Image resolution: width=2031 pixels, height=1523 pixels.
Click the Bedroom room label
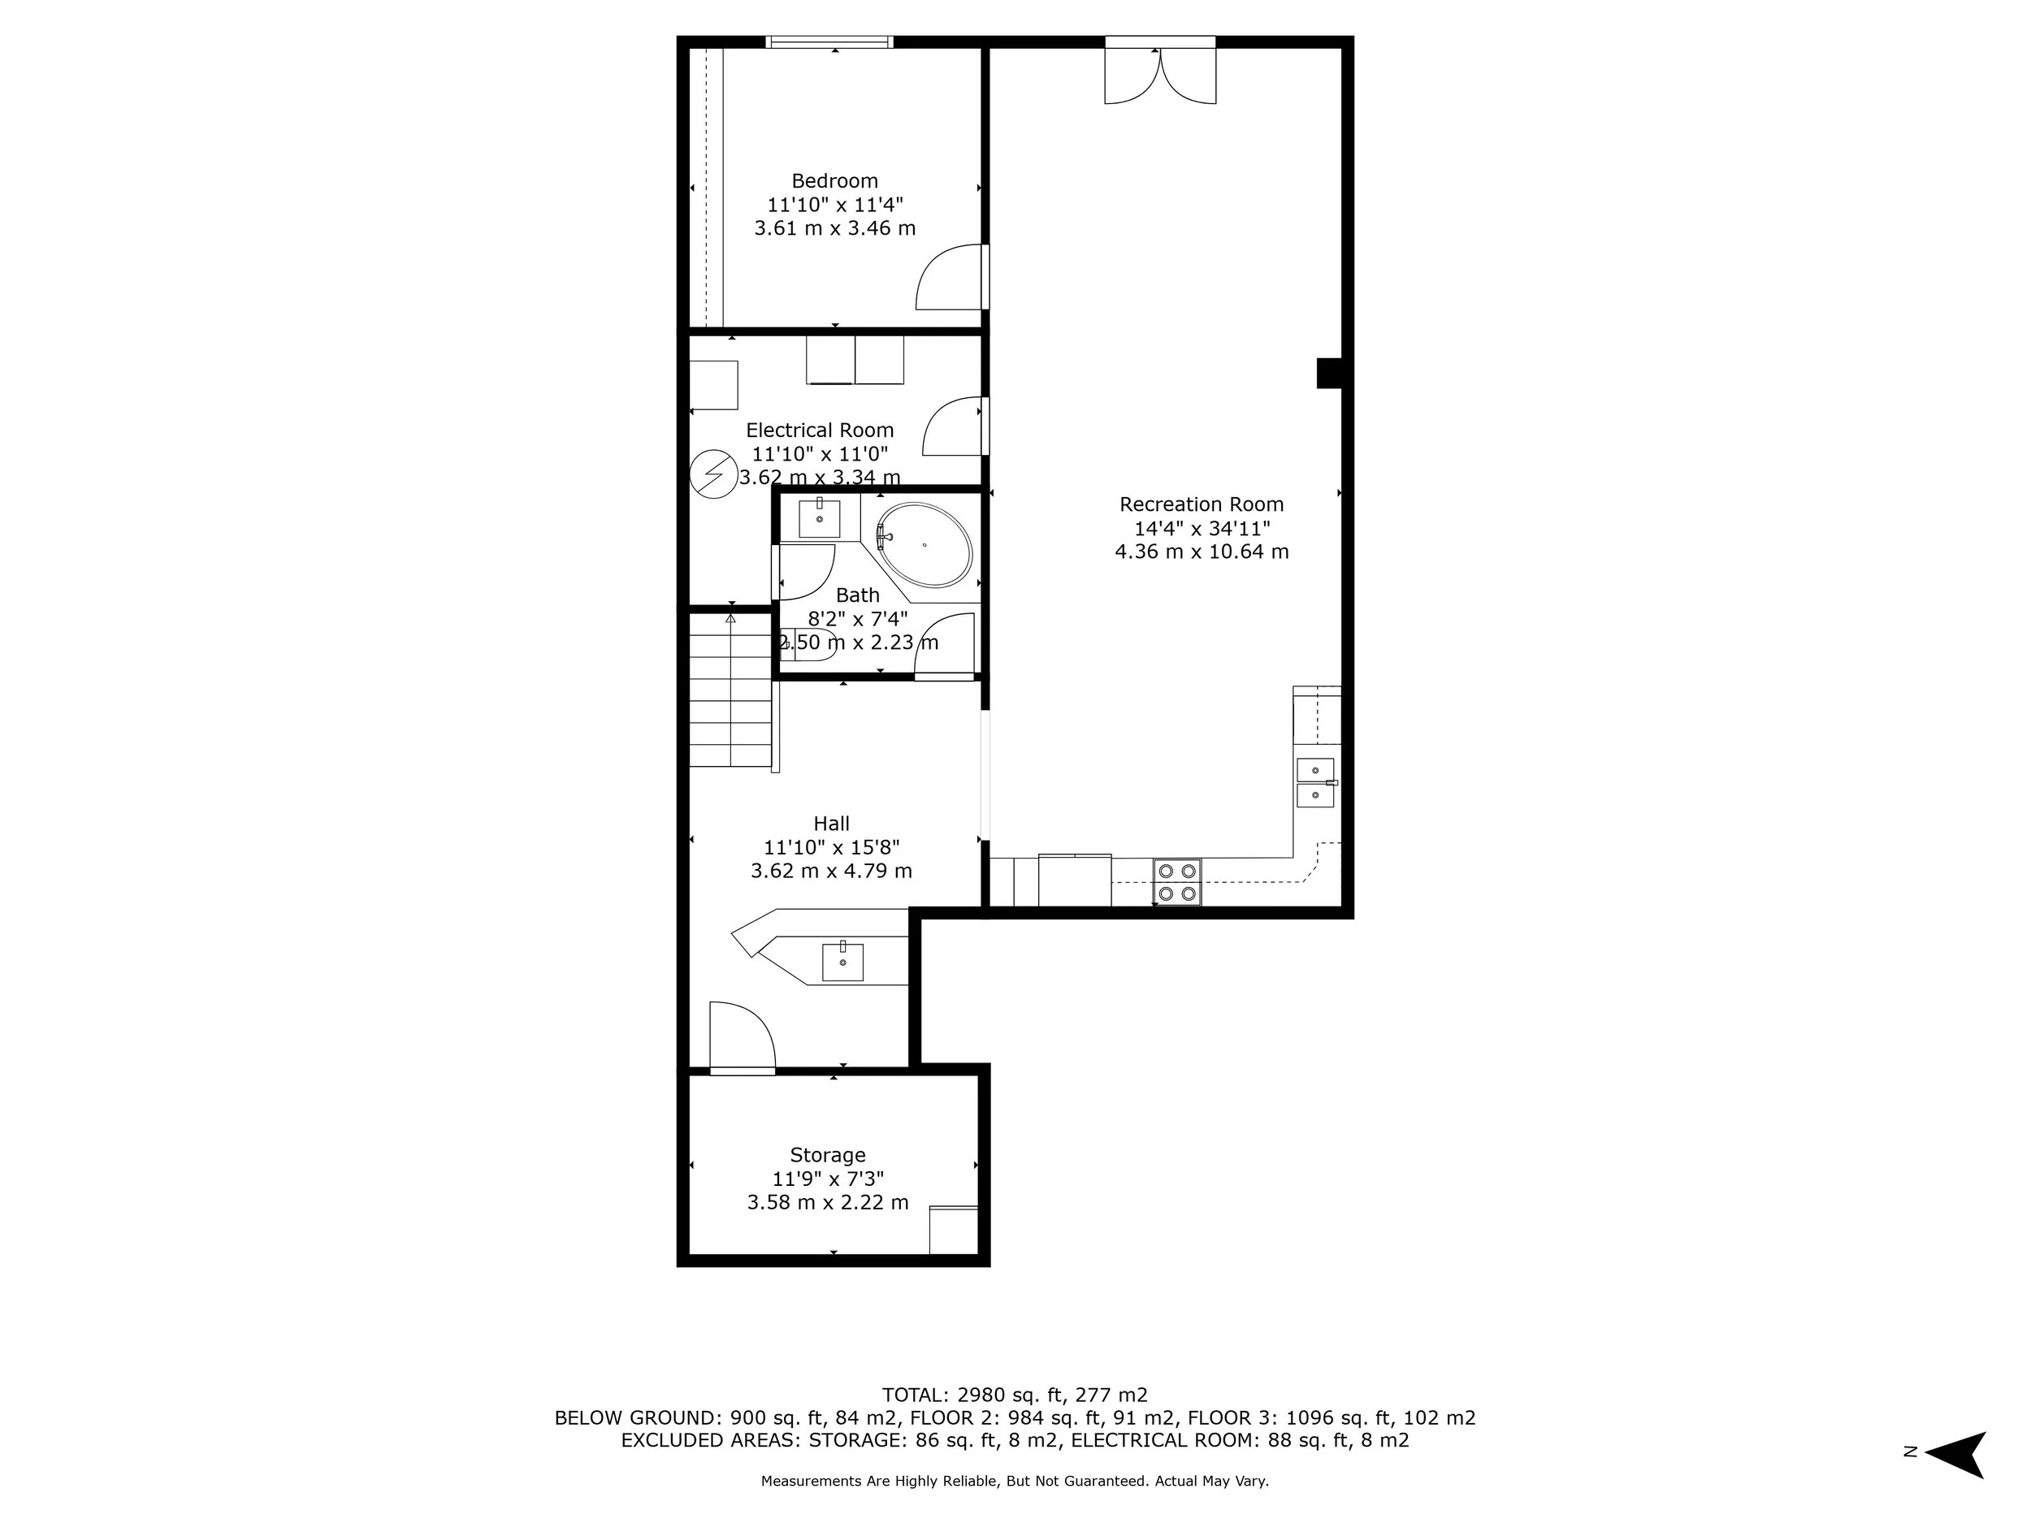(834, 181)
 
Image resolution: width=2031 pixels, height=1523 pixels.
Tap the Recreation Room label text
(1200, 504)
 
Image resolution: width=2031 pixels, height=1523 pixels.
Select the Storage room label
(827, 1155)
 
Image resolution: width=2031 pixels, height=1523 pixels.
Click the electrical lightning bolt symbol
(713, 474)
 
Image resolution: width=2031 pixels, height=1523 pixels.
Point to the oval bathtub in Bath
(924, 544)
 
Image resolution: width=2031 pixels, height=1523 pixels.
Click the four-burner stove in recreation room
(1176, 881)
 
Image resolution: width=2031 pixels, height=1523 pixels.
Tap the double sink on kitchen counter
(1314, 783)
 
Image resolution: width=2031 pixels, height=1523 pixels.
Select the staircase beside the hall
(730, 690)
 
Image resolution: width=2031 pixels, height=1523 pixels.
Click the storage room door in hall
(742, 1037)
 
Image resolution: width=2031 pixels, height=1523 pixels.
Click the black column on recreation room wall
(1328, 373)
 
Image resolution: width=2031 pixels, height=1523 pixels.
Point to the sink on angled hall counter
(842, 961)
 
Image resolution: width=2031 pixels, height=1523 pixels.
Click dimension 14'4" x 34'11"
(1201, 528)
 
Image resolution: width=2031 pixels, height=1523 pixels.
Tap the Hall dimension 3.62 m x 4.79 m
(831, 870)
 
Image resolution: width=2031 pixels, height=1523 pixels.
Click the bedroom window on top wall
(829, 41)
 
